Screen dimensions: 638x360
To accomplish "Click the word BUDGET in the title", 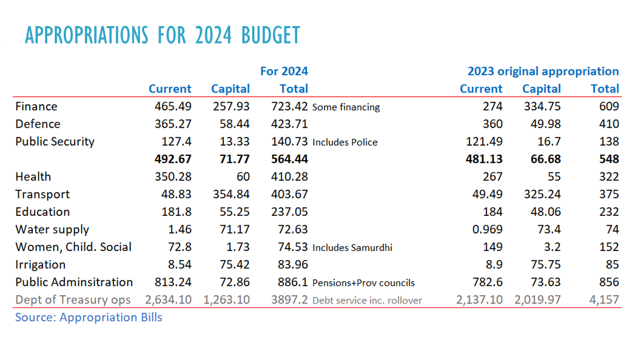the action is click(271, 35).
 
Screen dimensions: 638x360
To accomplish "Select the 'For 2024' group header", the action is click(284, 71).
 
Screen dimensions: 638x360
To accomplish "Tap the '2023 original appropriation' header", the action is click(543, 71).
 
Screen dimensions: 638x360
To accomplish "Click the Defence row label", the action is click(38, 124).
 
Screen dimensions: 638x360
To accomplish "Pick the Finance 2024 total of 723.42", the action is click(289, 106).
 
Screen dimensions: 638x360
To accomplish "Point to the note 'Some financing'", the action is click(346, 107).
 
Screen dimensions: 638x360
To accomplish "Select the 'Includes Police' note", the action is click(345, 143).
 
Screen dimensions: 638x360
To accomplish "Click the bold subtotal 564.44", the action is click(289, 159).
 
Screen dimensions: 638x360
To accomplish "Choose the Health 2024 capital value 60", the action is click(243, 177).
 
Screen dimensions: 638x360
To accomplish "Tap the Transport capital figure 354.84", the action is click(231, 195).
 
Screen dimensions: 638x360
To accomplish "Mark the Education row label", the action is click(43, 212).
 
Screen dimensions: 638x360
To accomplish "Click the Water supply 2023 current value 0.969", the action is click(488, 230).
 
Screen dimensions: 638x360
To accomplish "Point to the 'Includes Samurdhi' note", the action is click(352, 248).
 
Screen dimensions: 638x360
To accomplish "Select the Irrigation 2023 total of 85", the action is click(612, 265).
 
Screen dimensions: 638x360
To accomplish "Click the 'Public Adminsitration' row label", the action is click(74, 282).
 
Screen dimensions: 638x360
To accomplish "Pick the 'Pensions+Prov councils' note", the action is click(364, 283).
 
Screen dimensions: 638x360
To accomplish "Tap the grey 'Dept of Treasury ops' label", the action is click(73, 300).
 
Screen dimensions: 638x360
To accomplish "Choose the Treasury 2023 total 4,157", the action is click(604, 300).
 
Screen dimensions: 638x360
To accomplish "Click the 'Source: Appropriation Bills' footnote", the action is click(89, 317).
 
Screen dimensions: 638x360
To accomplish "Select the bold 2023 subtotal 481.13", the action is click(484, 159).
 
